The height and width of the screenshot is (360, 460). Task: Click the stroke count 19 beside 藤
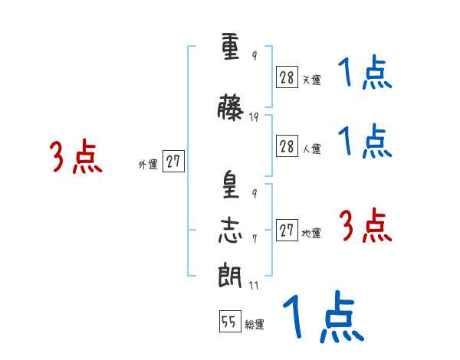click(x=254, y=117)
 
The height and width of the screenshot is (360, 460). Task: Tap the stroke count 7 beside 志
click(x=254, y=237)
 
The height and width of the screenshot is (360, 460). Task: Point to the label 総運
click(x=255, y=325)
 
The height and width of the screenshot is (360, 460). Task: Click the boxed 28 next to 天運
click(x=287, y=77)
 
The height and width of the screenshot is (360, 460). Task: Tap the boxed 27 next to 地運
click(x=287, y=230)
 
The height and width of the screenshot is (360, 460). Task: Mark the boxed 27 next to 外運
click(x=173, y=162)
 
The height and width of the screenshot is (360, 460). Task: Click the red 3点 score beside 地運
click(x=365, y=226)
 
